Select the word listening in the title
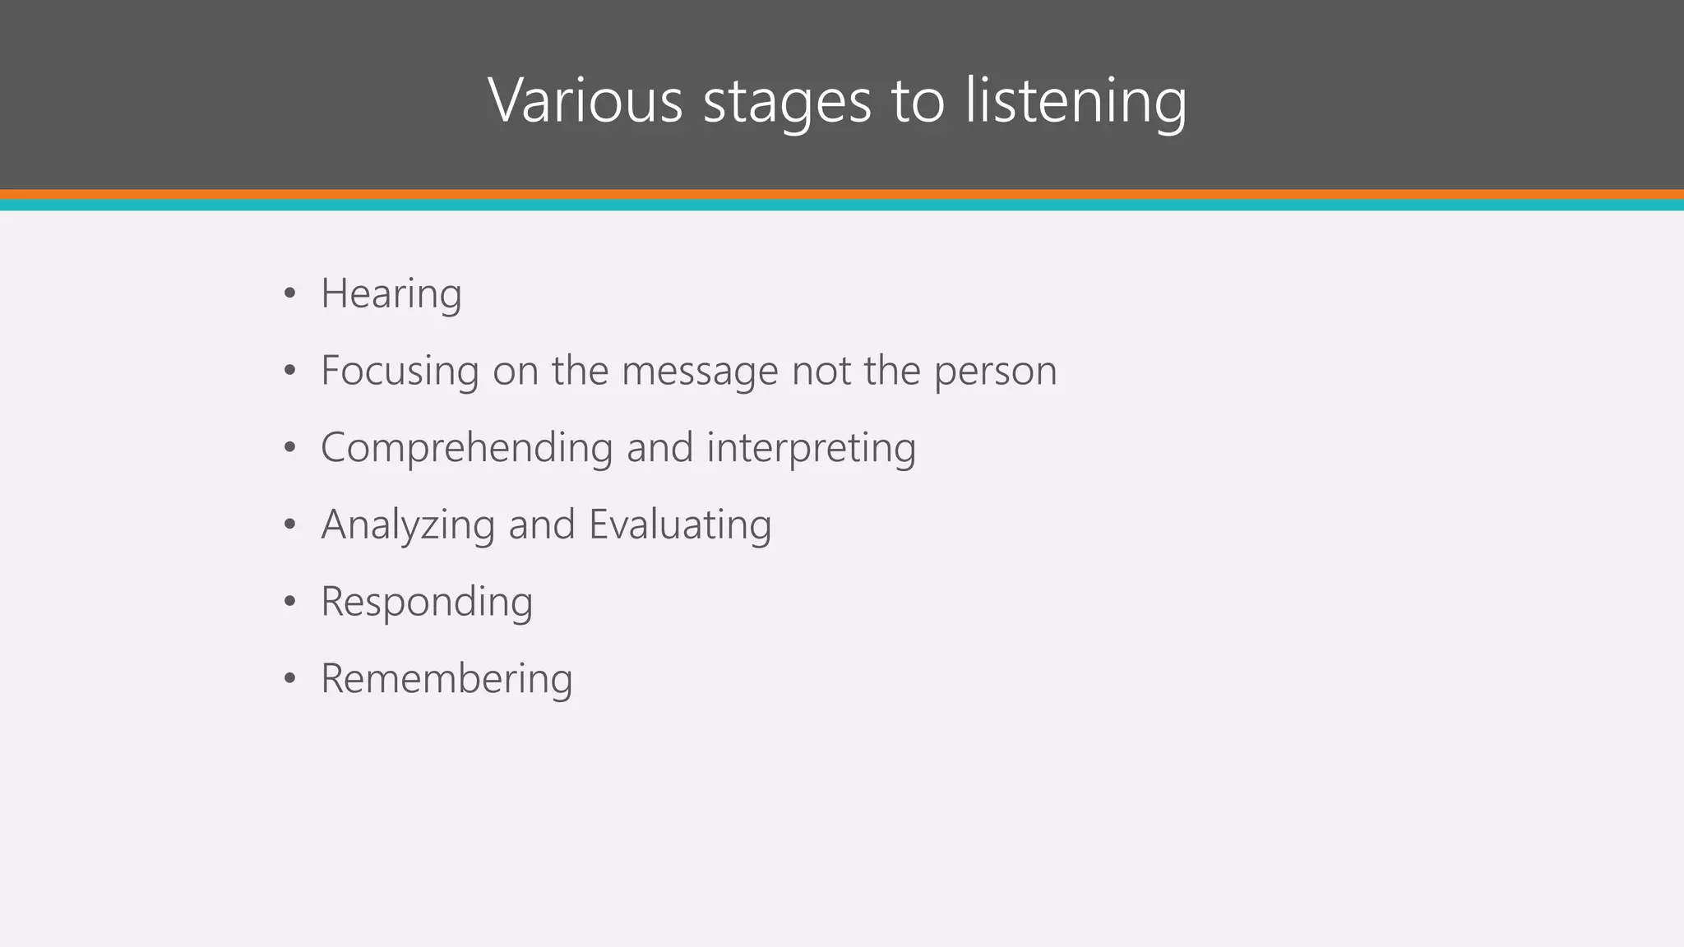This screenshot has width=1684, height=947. coord(1076,102)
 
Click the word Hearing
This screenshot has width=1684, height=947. coord(391,294)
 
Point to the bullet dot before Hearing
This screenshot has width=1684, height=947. coord(289,294)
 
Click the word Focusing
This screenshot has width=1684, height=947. coord(400,372)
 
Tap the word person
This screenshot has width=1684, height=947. coord(995,372)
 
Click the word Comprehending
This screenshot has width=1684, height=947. coord(467,449)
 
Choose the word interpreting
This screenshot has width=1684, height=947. coord(811,449)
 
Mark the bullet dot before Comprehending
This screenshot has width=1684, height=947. coord(289,449)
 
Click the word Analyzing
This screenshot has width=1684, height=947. coord(408,525)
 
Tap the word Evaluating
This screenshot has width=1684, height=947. coord(680,525)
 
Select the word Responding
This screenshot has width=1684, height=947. coord(427,603)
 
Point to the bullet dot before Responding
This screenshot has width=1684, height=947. coord(289,603)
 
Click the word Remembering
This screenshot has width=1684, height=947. coord(446,679)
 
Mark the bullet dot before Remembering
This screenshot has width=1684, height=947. coord(289,680)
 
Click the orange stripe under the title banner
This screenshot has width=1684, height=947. coord(842,195)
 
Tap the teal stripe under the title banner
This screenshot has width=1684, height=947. coord(842,206)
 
